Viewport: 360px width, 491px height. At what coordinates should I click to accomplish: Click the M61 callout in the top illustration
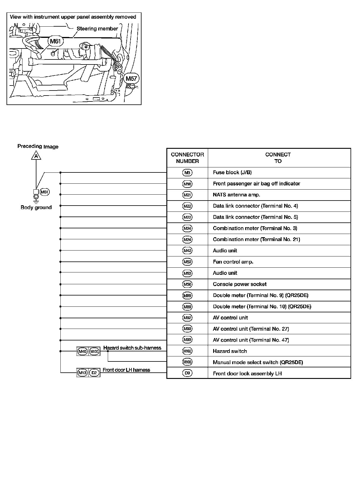55,41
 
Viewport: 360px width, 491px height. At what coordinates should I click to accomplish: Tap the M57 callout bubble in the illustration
131,78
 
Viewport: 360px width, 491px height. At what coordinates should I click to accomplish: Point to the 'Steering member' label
97,29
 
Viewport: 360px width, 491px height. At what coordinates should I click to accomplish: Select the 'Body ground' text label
36,207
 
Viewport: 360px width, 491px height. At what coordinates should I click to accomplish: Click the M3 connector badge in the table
187,173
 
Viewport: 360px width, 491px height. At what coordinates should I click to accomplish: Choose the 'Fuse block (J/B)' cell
232,172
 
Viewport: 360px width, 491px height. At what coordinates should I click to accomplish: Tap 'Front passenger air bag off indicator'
256,184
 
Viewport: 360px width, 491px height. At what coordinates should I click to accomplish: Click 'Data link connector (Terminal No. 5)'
255,217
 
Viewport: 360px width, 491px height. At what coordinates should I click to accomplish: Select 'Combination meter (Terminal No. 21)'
256,240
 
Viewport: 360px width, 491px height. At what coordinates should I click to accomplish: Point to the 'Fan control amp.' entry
233,262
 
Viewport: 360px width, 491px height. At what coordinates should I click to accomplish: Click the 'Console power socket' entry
240,284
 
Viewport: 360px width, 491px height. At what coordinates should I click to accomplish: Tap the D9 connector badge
187,373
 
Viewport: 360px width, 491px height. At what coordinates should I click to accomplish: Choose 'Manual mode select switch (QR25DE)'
258,362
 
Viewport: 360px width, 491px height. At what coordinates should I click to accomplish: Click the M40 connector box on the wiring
82,351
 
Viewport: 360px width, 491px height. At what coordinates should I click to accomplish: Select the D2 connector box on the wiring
94,373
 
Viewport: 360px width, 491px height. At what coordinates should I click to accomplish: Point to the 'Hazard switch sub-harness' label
132,348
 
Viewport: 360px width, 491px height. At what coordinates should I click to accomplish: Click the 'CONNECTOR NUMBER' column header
187,158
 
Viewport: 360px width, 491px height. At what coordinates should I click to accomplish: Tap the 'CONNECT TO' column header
278,158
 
